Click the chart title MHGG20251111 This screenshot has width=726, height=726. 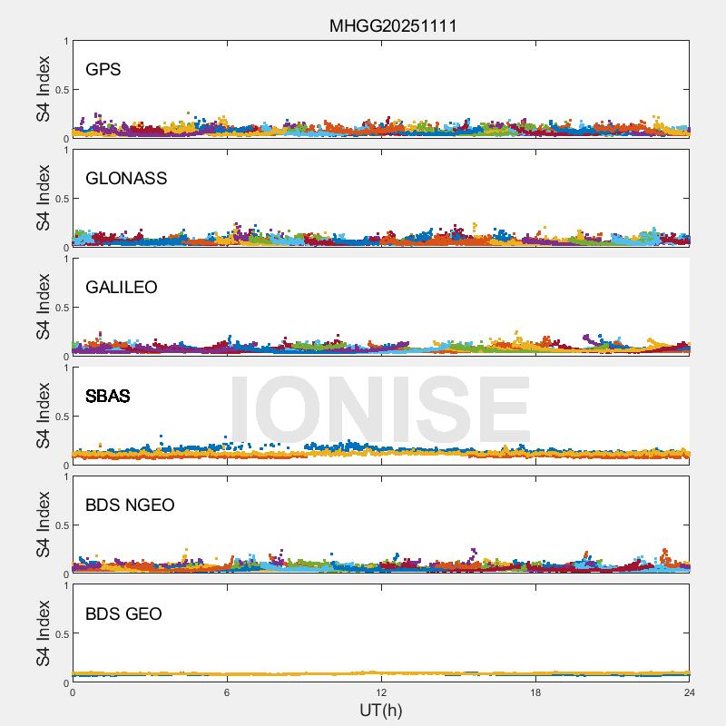(393, 25)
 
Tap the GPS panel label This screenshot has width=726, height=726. (103, 70)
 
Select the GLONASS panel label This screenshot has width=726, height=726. (126, 179)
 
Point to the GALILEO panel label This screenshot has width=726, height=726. (122, 288)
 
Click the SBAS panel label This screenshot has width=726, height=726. (107, 397)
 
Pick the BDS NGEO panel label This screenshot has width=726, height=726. (130, 505)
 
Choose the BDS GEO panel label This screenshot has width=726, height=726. (123, 614)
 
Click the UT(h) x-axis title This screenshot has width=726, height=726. (380, 710)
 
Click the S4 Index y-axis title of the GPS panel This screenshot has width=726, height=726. (44, 89)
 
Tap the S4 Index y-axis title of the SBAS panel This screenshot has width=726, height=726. (44, 416)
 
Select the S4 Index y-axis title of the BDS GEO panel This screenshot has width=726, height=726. (44, 633)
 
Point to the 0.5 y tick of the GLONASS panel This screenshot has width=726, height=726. (61, 199)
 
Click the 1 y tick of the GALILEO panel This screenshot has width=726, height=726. (65, 260)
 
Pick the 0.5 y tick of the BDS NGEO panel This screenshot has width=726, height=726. (61, 525)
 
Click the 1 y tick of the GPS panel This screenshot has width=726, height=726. (65, 42)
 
